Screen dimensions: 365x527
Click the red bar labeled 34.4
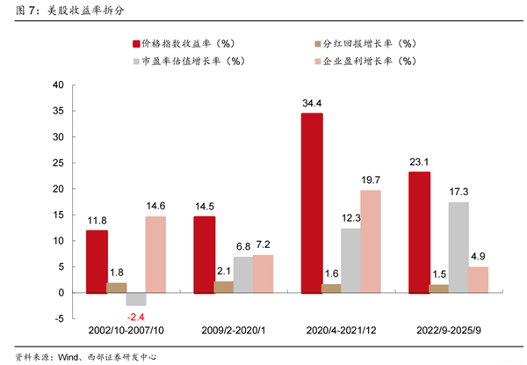point(312,202)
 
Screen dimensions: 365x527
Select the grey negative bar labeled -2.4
point(135,298)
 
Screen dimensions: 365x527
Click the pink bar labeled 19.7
point(370,241)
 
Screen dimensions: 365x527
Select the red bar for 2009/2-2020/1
point(204,254)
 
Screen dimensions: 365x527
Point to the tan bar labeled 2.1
point(224,287)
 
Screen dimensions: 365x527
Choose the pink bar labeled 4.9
point(478,279)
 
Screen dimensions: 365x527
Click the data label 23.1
point(419,163)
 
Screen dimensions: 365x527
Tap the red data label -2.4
point(135,318)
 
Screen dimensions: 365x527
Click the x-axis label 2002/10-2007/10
point(126,332)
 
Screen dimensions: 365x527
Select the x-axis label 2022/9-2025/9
point(448,332)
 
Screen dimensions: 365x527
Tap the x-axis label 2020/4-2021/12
point(341,332)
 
